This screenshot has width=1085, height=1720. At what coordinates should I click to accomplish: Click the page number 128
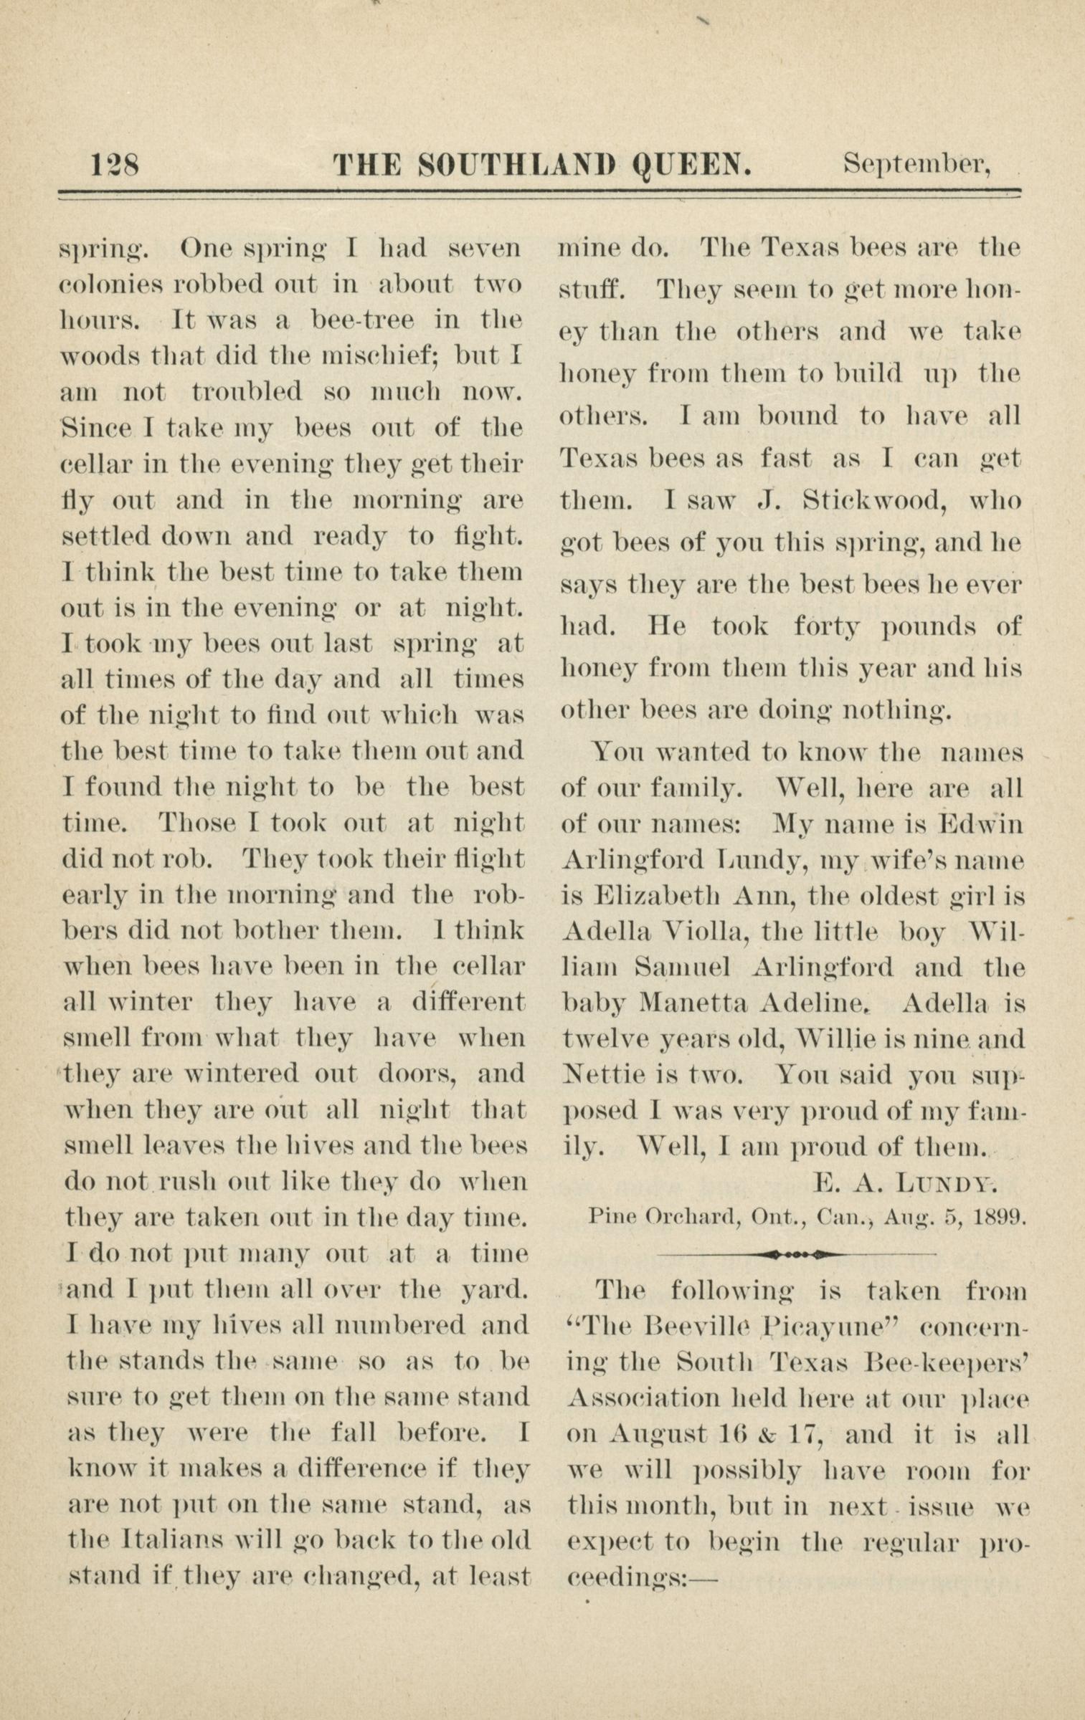point(115,166)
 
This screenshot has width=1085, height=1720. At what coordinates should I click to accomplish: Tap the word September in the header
point(917,166)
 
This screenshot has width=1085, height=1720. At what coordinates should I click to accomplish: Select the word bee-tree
point(362,320)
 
